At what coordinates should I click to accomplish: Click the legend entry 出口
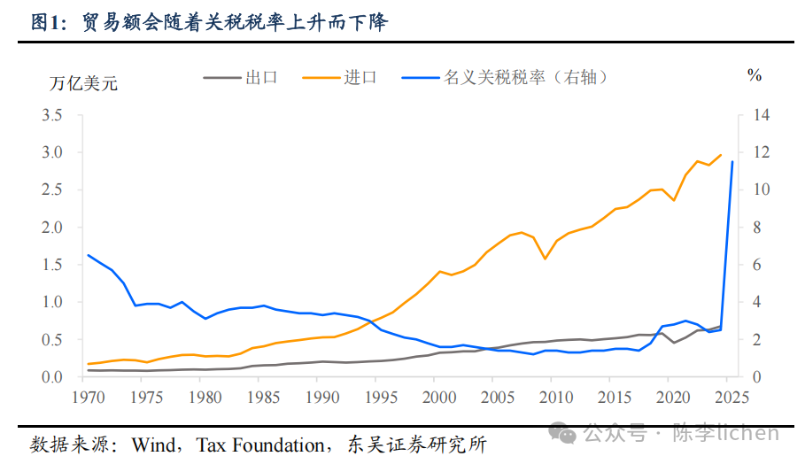pyautogui.click(x=261, y=77)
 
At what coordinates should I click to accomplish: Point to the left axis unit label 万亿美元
pyautogui.click(x=82, y=84)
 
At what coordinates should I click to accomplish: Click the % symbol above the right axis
pyautogui.click(x=754, y=76)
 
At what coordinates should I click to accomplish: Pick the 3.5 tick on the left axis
pyautogui.click(x=50, y=115)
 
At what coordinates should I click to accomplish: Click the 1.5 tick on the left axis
pyautogui.click(x=50, y=265)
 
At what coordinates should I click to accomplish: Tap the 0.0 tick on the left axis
pyautogui.click(x=50, y=377)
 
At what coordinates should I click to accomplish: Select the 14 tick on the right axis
pyautogui.click(x=760, y=115)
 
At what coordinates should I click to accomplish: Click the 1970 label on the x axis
pyautogui.click(x=88, y=396)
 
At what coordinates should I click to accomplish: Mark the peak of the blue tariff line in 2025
pyautogui.click(x=732, y=162)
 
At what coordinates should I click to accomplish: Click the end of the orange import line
pyautogui.click(x=721, y=155)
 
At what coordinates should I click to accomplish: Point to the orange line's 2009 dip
pyautogui.click(x=545, y=258)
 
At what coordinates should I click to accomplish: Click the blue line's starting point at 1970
pyautogui.click(x=88, y=255)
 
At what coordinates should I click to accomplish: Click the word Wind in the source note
pyautogui.click(x=153, y=443)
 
